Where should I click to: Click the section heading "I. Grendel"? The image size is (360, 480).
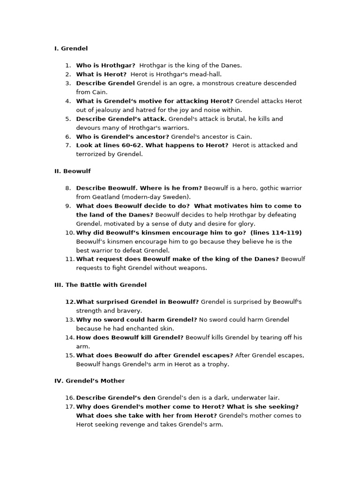point(71,48)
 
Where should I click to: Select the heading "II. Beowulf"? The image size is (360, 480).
point(73,171)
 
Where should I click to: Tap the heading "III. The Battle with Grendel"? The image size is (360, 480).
point(100,285)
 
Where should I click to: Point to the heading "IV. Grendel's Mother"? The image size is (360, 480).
point(90,381)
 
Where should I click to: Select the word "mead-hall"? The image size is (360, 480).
point(207,74)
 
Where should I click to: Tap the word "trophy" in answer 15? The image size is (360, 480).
point(218,364)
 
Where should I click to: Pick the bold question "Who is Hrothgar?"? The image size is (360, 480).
point(105,65)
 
